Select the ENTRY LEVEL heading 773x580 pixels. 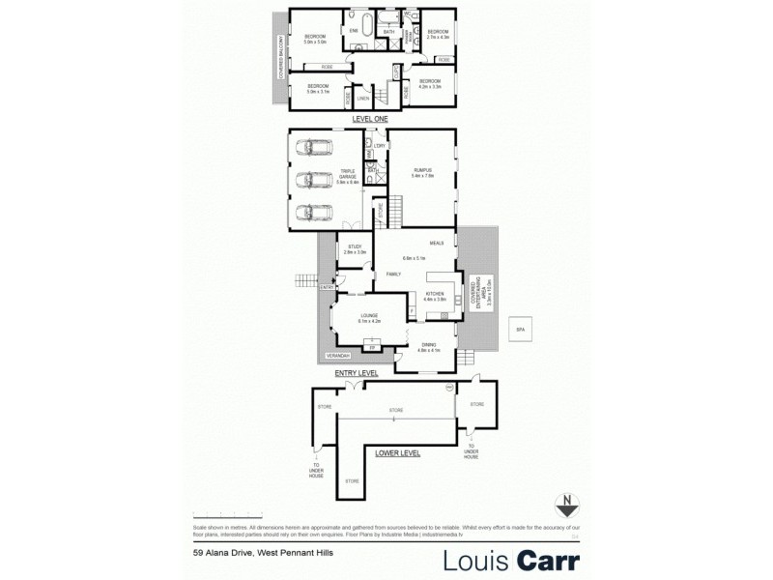click(357, 373)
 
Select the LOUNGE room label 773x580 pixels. click(369, 315)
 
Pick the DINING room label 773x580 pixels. click(429, 345)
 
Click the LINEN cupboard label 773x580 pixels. click(363, 98)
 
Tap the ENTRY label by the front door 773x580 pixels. click(328, 287)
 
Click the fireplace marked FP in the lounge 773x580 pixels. click(370, 345)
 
